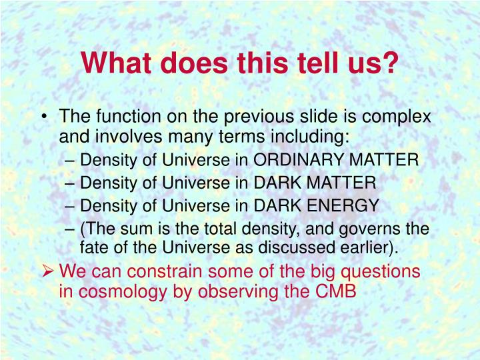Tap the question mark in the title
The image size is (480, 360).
click(x=390, y=63)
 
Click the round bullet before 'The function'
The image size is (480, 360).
click(x=45, y=117)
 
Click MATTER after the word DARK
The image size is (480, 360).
click(x=341, y=183)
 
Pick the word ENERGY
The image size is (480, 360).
click(x=343, y=205)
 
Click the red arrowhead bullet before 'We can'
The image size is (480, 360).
click(x=48, y=271)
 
